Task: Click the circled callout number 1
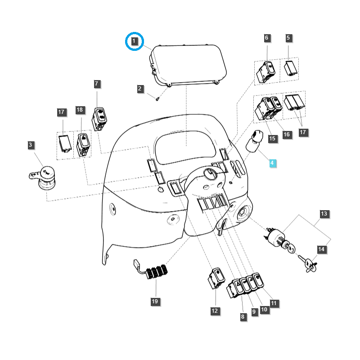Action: (134, 42)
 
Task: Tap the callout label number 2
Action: (140, 89)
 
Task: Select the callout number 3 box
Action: (30, 145)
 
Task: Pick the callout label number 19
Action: (155, 301)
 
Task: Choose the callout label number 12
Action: (214, 310)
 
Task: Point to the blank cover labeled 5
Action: (290, 68)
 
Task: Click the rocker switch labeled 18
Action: (83, 144)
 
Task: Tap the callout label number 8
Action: (243, 317)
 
